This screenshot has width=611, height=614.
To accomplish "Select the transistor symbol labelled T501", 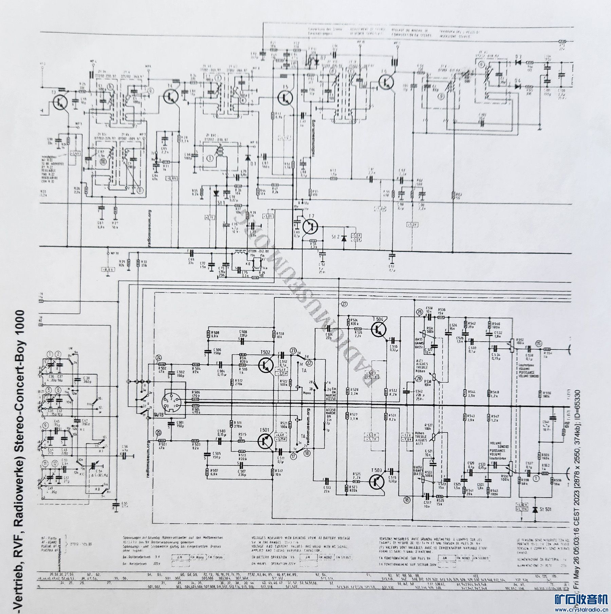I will [x=265, y=441].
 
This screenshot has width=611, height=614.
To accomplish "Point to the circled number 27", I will [x=345, y=304].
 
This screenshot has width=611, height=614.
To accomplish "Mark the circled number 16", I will [x=407, y=499].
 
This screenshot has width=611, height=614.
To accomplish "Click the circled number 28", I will [x=419, y=379].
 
